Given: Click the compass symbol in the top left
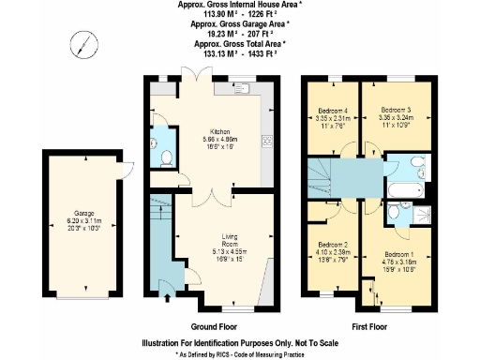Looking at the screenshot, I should pos(85,43).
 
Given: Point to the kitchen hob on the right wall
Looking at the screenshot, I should pos(268,142).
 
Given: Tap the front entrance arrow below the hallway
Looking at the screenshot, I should pos(168,300).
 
